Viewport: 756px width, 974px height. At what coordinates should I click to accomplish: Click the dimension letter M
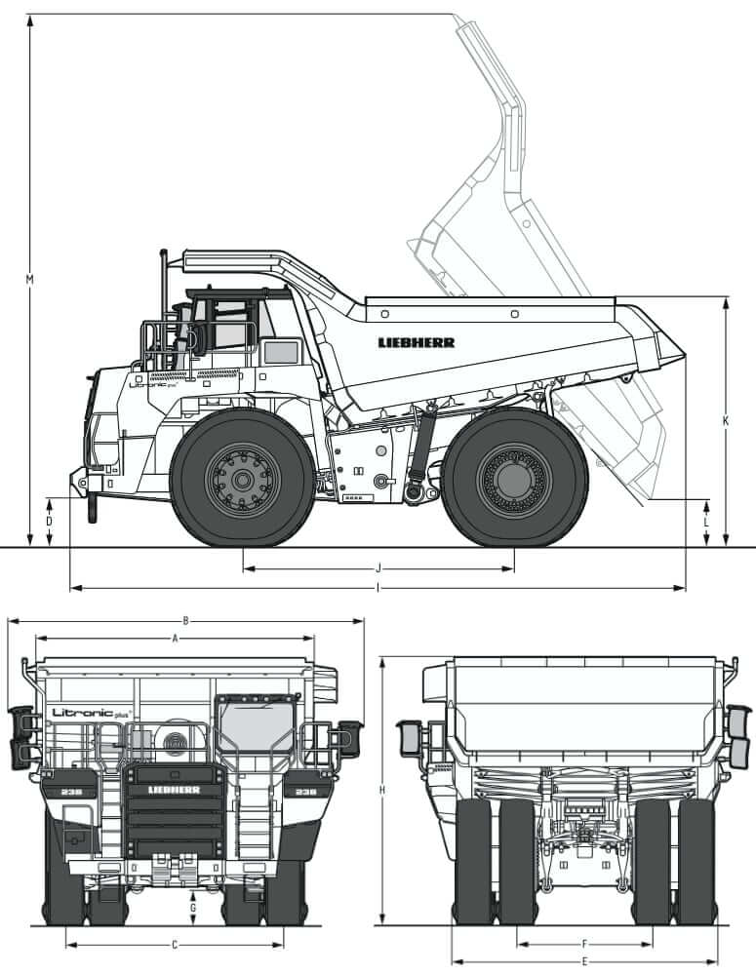[x=30, y=281]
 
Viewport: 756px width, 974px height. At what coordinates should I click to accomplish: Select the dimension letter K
[x=726, y=421]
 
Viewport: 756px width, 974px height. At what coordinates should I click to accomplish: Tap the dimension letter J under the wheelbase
[x=378, y=566]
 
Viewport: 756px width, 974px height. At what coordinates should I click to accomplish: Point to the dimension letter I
[x=378, y=588]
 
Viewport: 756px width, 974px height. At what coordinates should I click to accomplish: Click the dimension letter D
[x=50, y=522]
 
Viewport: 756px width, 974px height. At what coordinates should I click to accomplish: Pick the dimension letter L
[x=706, y=522]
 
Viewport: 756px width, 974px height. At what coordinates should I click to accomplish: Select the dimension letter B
[x=185, y=620]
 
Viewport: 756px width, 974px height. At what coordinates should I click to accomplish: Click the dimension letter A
[x=175, y=639]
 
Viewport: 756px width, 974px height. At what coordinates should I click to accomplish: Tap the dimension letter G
[x=193, y=908]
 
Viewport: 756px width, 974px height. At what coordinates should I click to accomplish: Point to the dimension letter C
[x=175, y=944]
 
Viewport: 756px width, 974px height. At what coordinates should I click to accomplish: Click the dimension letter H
[x=382, y=790]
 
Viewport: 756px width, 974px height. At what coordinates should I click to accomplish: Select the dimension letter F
[x=584, y=944]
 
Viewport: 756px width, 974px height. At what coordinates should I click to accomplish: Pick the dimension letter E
[x=584, y=961]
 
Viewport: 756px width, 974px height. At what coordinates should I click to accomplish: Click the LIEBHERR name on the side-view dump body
[x=417, y=342]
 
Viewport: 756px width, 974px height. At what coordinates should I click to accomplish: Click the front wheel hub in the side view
[x=242, y=479]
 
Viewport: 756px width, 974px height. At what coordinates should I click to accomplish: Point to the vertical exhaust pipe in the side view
[x=163, y=292]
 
